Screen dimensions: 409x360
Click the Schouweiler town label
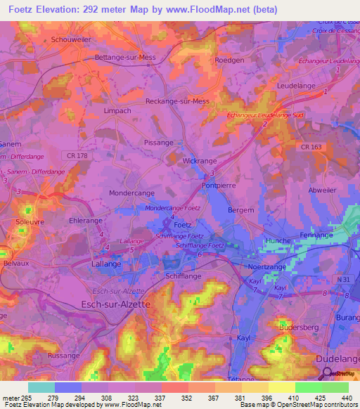click(71, 40)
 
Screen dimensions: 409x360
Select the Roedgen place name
click(229, 60)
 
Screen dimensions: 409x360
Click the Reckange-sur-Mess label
click(177, 101)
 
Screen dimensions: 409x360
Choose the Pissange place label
click(158, 143)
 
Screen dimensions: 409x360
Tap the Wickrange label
click(200, 161)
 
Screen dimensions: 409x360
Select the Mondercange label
click(131, 193)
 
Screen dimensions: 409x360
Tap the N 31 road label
click(343, 280)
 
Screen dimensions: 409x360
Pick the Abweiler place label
click(323, 190)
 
